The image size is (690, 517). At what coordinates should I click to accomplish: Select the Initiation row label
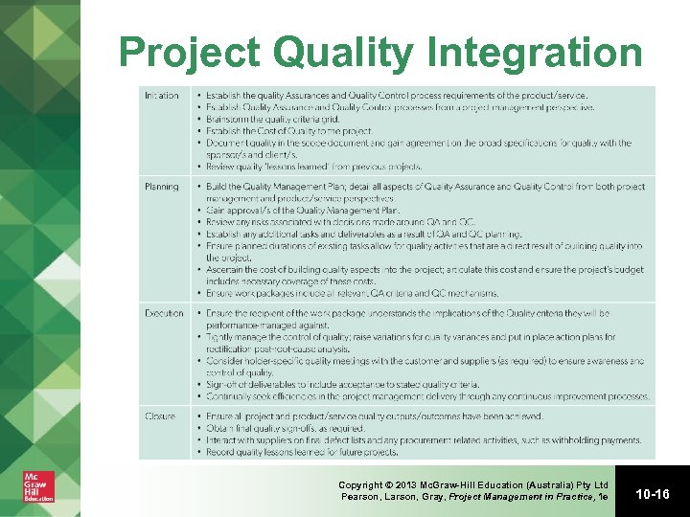pos(162,96)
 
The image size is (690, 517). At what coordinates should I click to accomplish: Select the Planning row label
pos(161,187)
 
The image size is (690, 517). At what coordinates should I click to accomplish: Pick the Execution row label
pos(164,313)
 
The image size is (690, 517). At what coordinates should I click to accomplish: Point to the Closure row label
pos(160,416)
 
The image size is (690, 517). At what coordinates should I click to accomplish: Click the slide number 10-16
pos(653,494)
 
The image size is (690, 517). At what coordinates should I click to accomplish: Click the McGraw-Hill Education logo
pos(39,485)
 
